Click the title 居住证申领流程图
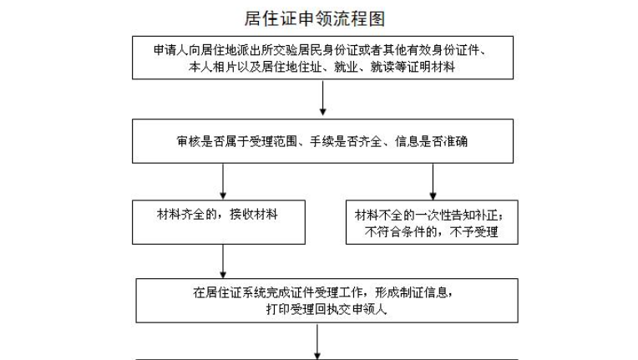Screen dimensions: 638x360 tap(315, 18)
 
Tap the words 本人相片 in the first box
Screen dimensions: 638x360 tap(212, 67)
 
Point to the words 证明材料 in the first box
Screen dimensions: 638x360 tap(431, 67)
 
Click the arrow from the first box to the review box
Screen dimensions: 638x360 tap(322, 98)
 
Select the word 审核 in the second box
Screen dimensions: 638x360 tap(189, 141)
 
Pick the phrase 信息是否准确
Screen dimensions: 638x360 tap(431, 141)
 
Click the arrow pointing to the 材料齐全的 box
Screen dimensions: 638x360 tap(223, 181)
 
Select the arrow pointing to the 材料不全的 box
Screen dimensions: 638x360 tap(433, 181)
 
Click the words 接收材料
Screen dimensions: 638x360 tap(254, 215)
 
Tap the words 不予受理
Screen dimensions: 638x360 tap(474, 232)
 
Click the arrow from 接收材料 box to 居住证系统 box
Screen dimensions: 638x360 tap(223, 261)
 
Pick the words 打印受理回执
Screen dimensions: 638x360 tap(303, 309)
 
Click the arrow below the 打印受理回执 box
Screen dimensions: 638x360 tap(317, 342)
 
